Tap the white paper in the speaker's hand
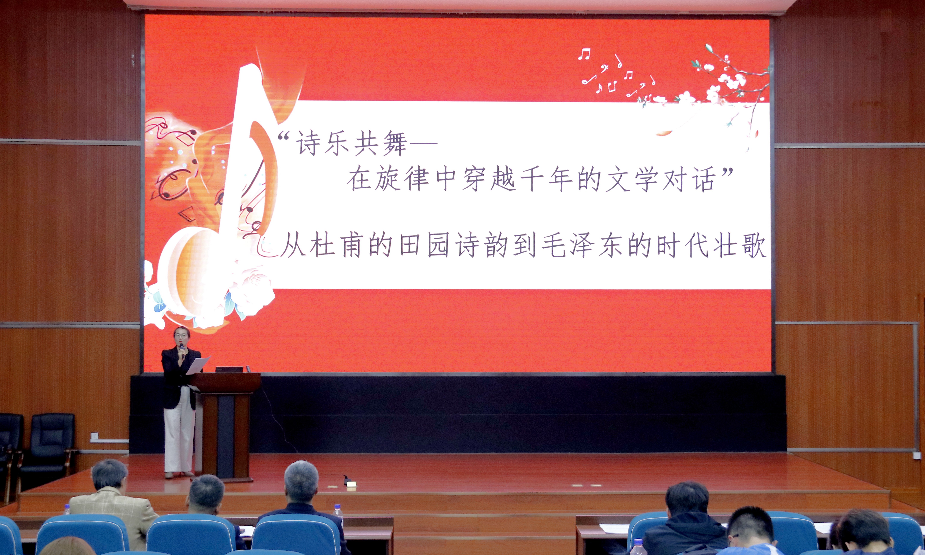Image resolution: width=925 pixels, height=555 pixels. [198, 365]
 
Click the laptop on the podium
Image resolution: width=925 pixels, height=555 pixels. [229, 369]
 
